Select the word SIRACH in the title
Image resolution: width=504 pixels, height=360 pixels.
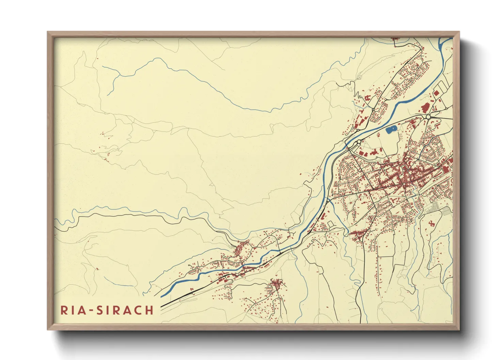(x=125, y=310)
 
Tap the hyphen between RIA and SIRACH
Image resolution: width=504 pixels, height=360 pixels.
(x=90, y=311)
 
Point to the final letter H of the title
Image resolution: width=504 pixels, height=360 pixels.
(x=149, y=310)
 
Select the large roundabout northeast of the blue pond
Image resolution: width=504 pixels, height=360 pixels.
(x=428, y=117)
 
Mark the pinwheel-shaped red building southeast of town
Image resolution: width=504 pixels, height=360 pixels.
(x=432, y=223)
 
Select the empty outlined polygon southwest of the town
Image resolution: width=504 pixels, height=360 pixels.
(x=330, y=224)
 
